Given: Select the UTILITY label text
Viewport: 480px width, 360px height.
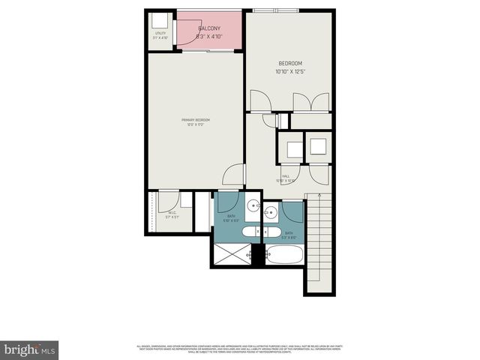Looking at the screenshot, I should pos(160,34).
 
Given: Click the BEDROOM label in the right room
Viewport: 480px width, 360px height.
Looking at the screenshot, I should pos(290,64).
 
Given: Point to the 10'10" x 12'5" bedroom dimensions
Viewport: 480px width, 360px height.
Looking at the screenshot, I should pos(290,72).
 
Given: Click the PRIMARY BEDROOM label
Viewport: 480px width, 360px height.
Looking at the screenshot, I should pos(195,120).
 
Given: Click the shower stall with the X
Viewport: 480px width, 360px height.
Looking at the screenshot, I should pos(232,254).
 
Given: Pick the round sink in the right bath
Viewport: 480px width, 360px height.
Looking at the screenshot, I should pos(271,214).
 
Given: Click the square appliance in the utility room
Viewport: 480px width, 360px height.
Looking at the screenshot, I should pos(159,20).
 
